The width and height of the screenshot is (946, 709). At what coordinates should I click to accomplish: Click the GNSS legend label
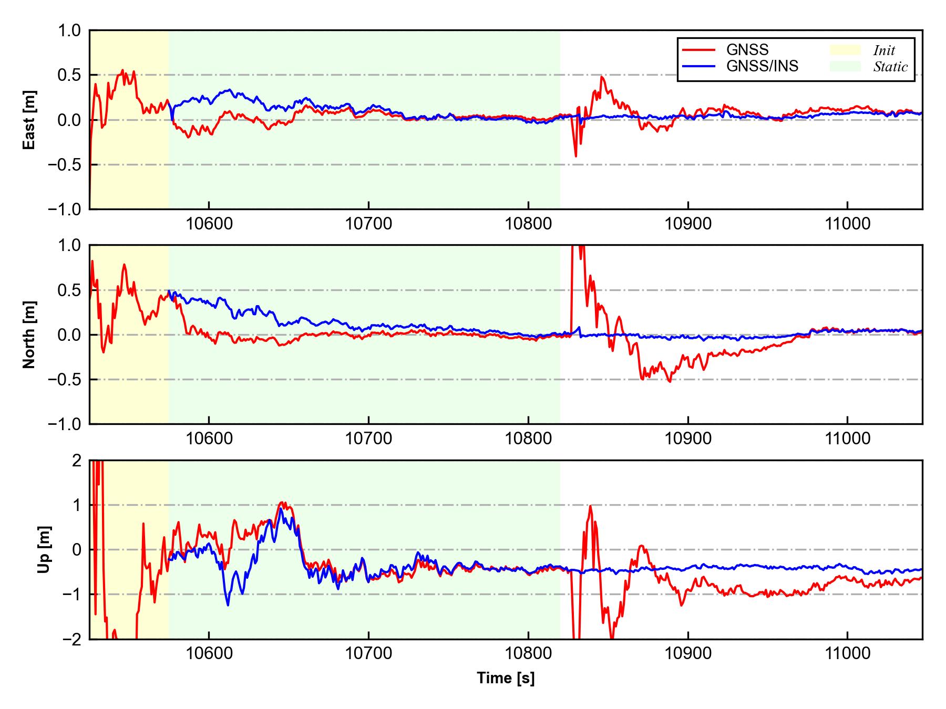tap(747, 50)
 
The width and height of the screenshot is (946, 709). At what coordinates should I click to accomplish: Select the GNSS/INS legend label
tap(762, 66)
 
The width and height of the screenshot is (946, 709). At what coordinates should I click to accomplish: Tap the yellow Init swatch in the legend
tap(845, 50)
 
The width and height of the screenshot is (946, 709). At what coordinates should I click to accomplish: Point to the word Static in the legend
tap(890, 67)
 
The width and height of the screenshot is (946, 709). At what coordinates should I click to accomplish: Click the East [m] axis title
tap(29, 120)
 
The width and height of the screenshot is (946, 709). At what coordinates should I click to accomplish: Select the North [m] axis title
tap(29, 335)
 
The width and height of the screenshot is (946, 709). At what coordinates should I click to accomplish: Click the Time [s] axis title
tap(506, 678)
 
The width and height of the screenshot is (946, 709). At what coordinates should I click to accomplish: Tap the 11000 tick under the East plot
tap(847, 224)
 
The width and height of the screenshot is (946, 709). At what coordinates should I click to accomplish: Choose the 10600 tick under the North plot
tap(209, 439)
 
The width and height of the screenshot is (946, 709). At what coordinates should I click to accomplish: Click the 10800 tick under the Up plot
tap(528, 654)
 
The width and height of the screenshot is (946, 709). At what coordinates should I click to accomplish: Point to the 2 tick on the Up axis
tap(77, 461)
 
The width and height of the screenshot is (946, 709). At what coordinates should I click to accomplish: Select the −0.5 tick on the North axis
tap(65, 379)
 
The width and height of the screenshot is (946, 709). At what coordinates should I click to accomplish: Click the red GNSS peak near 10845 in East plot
tap(602, 77)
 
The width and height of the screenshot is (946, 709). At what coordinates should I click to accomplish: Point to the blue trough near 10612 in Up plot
tap(228, 605)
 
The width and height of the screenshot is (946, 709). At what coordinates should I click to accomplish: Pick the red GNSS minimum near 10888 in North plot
tap(669, 381)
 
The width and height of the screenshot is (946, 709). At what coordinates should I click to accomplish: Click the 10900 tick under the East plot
tap(688, 224)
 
